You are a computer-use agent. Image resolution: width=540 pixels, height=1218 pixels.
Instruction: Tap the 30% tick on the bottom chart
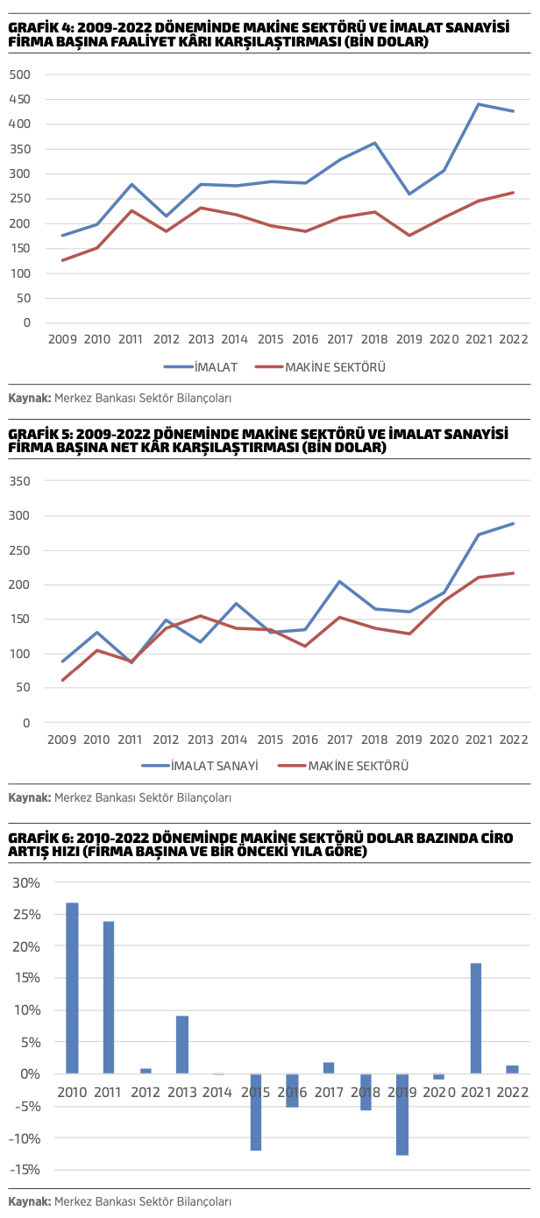(25, 882)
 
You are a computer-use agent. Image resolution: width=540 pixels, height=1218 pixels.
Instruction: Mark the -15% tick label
(25, 1169)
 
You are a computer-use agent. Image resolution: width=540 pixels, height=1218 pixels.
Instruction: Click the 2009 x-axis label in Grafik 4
(63, 338)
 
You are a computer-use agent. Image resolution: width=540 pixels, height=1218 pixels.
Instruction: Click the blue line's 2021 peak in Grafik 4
(479, 104)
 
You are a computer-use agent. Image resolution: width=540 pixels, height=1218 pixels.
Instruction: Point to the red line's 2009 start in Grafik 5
(63, 680)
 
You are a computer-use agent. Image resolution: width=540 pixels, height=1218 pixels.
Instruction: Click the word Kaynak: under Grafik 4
(29, 398)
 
